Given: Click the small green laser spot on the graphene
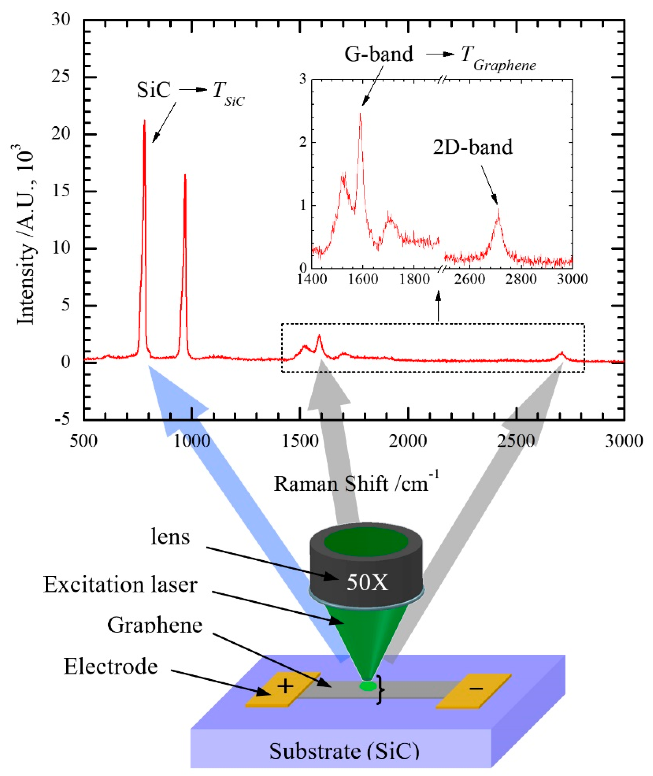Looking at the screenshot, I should click(x=368, y=686).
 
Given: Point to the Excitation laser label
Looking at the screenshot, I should click(x=120, y=585).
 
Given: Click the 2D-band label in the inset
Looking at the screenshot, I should click(x=473, y=147).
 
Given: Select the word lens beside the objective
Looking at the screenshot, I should click(x=170, y=537).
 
